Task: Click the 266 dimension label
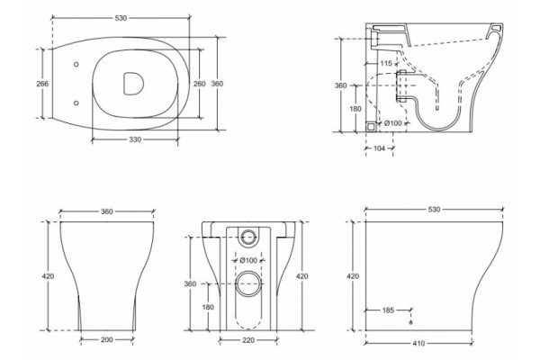pos(42,84)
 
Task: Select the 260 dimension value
pos(199,84)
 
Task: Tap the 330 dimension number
pos(135,139)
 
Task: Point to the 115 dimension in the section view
pos(386,63)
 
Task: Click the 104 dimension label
pos(379,148)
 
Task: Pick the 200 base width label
pos(107,339)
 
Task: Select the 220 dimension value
pos(248,340)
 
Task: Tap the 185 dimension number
pos(388,310)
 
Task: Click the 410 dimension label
pos(418,343)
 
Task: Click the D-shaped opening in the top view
pos(133,84)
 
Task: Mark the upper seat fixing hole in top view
pos(76,64)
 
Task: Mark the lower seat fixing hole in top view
pos(76,103)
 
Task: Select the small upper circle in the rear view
pos(248,237)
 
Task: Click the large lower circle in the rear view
pos(248,283)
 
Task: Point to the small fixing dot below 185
pos(410,323)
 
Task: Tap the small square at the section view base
pos(371,127)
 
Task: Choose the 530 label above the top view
pos(121,18)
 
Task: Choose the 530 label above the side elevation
pos(434,210)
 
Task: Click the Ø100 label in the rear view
pos(248,260)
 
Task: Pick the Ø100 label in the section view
pos(393,123)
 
